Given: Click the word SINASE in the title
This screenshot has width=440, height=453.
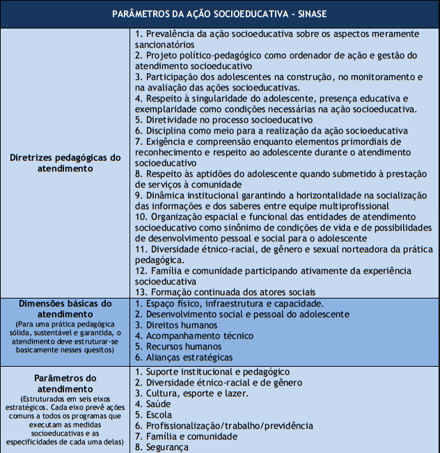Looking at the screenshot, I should click(311, 14).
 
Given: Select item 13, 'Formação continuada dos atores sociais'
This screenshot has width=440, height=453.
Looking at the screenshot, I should click(226, 292).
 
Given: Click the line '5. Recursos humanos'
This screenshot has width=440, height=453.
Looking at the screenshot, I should click(178, 347).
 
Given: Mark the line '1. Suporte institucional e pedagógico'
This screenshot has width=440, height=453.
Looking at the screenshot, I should click(212, 372).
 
